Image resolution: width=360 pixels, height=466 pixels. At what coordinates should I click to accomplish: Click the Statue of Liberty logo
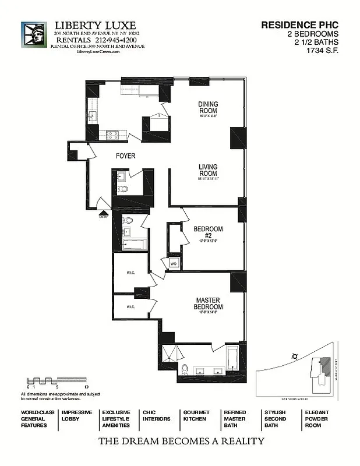click(x=34, y=38)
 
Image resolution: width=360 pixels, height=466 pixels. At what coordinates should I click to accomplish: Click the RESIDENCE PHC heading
click(x=299, y=25)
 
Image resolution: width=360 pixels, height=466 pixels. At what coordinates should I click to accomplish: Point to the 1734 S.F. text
click(x=322, y=50)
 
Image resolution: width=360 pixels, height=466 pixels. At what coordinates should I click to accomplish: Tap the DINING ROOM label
click(x=208, y=107)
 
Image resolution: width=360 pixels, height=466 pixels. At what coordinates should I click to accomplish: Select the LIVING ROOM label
click(x=207, y=170)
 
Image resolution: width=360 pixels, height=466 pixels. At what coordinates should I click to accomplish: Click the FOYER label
click(x=125, y=156)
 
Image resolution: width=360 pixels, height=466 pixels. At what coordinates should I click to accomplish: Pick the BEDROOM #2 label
click(x=208, y=232)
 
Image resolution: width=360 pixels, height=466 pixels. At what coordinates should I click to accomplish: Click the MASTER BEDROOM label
click(x=209, y=303)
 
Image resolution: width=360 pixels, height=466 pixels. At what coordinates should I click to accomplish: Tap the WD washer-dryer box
click(x=173, y=263)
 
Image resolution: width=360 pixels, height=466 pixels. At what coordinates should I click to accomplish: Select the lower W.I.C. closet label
click(x=131, y=306)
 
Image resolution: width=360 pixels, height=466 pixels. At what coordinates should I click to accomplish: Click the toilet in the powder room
click(x=123, y=189)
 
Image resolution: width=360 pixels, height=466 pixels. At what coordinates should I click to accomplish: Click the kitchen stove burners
click(x=112, y=134)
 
